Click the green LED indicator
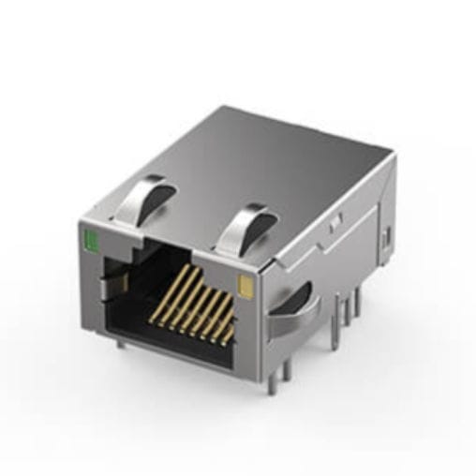point(92,243)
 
